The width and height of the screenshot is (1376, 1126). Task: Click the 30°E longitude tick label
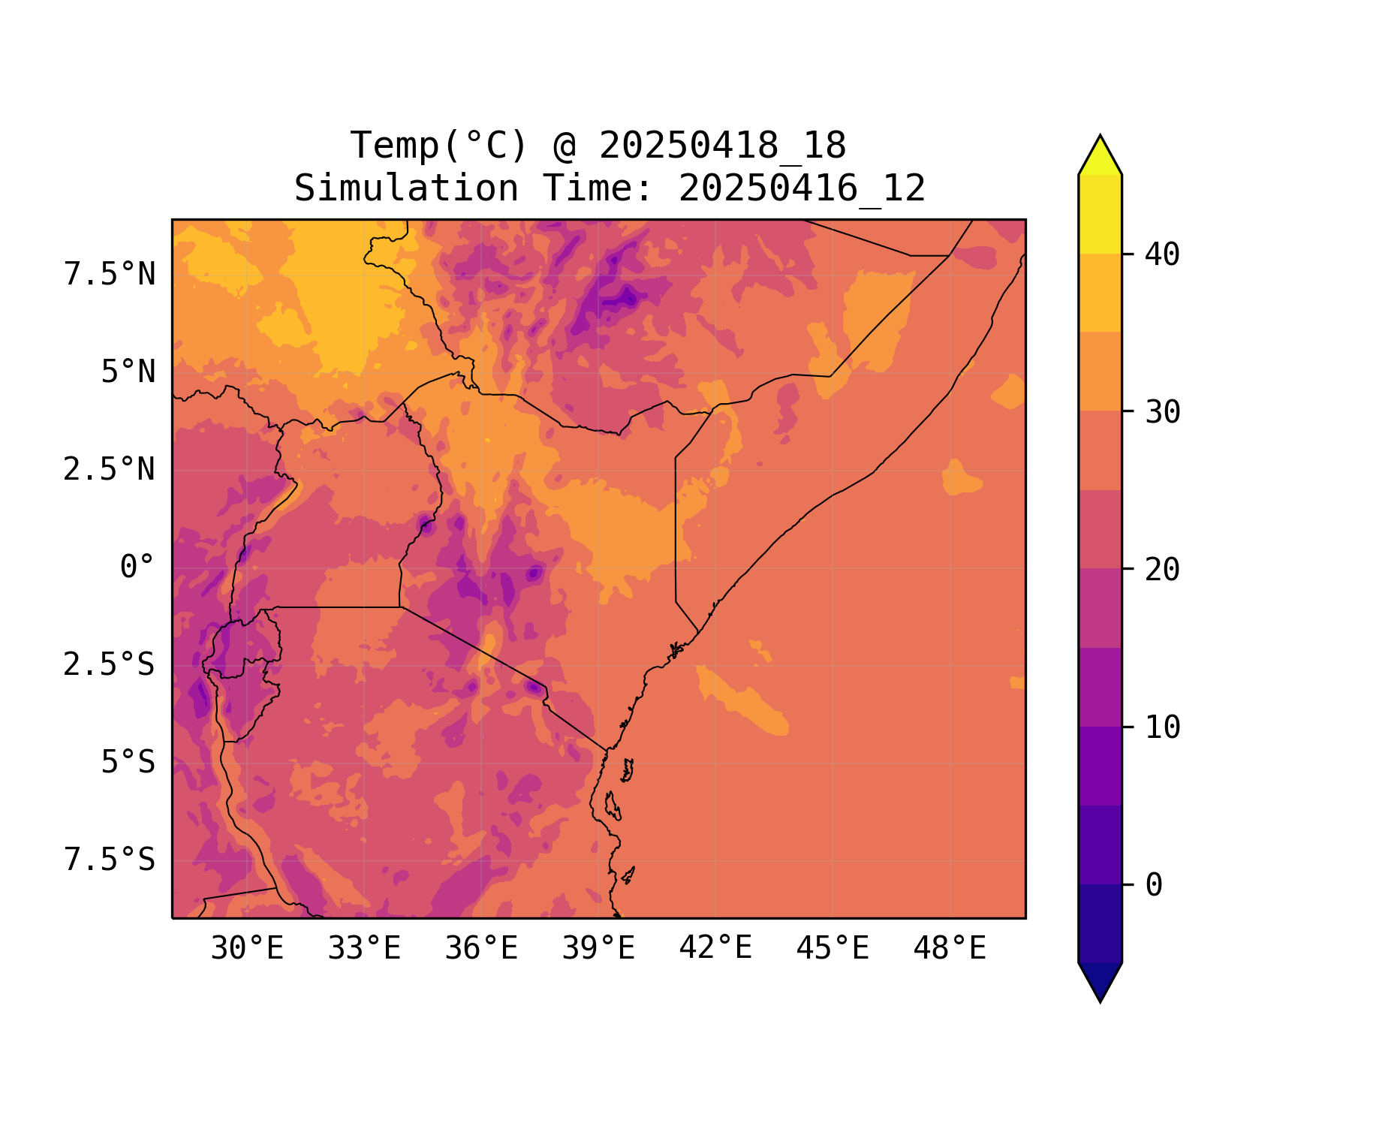247,949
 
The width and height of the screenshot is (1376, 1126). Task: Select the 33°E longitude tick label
364,949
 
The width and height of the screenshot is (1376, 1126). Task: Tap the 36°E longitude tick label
481,949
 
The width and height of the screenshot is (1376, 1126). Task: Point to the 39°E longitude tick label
598,949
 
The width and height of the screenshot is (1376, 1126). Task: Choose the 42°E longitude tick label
715,949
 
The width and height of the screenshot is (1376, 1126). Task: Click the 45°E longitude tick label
833,949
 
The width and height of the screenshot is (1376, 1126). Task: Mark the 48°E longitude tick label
950,949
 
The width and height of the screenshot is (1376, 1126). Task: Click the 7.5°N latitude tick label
110,275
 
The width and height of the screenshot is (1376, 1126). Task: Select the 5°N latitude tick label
128,372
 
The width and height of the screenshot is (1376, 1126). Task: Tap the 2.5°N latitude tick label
110,470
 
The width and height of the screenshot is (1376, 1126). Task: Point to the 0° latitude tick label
137,568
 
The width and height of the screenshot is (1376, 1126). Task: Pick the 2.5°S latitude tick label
110,665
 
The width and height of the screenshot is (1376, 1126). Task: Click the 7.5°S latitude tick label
110,860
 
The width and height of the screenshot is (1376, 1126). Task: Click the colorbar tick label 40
1162,255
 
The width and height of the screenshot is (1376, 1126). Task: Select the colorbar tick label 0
1154,886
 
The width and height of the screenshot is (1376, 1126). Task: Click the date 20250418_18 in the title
722,146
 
